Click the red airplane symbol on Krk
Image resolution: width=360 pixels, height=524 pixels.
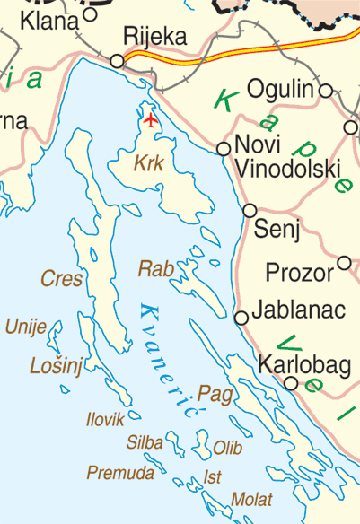pyautogui.click(x=150, y=118)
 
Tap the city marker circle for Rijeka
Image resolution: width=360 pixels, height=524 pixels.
pyautogui.click(x=117, y=61)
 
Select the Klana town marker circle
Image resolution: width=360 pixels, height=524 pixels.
pyautogui.click(x=90, y=14)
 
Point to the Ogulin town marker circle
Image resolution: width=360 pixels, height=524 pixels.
pyautogui.click(x=325, y=90)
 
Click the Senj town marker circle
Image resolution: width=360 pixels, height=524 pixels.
pyautogui.click(x=250, y=210)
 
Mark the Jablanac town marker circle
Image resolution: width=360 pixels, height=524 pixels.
pyautogui.click(x=241, y=318)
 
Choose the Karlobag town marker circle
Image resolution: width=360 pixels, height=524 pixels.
pyautogui.click(x=291, y=383)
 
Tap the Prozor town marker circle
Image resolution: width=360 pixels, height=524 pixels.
pyautogui.click(x=344, y=263)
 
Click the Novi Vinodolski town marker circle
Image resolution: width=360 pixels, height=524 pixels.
pyautogui.click(x=224, y=148)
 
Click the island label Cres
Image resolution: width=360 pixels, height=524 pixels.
pyautogui.click(x=61, y=279)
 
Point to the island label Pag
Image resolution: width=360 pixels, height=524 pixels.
pyautogui.click(x=209, y=392)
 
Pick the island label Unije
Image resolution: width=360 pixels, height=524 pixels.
pyautogui.click(x=26, y=327)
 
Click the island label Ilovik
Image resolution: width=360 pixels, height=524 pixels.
pyautogui.click(x=105, y=419)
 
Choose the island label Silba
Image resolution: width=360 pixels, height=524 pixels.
pyautogui.click(x=145, y=442)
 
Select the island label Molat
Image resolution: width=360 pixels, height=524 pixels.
pyautogui.click(x=250, y=499)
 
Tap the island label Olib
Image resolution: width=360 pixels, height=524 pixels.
pyautogui.click(x=228, y=446)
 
